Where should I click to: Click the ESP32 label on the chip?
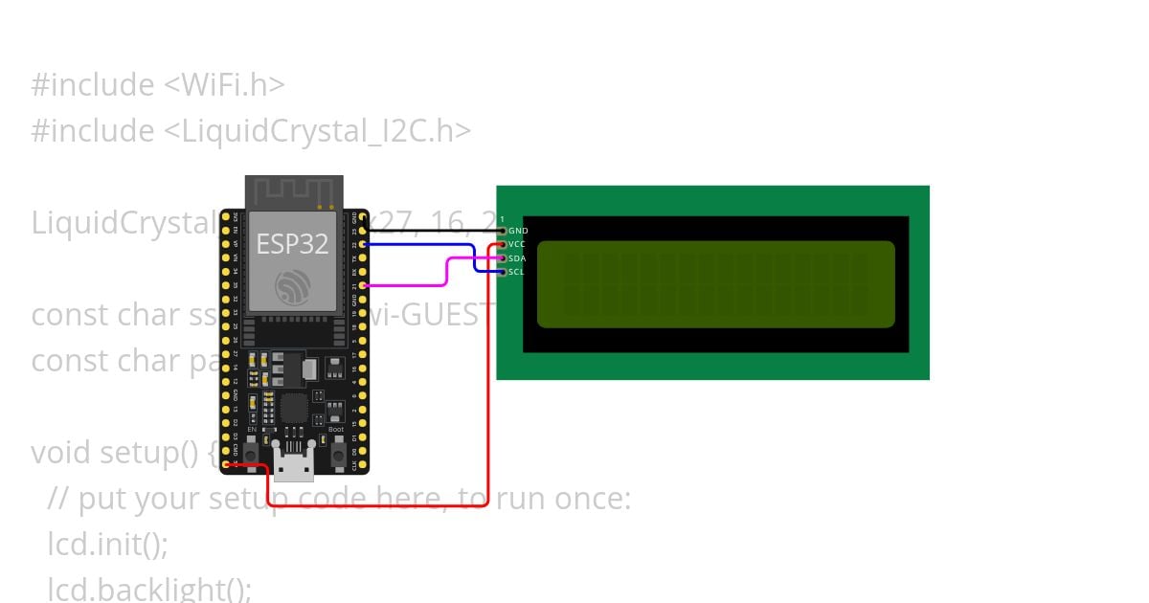[292, 244]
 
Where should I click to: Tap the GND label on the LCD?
[518, 231]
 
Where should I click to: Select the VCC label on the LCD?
[517, 244]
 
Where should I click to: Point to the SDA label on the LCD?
[517, 258]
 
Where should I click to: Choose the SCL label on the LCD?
[516, 272]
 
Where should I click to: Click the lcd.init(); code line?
[108, 544]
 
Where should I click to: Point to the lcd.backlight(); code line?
[149, 588]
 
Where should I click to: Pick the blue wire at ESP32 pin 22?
[421, 245]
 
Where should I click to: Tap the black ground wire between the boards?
[431, 231]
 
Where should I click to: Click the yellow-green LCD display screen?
[715, 284]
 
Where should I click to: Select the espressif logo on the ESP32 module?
[292, 286]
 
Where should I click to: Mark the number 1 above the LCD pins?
[502, 220]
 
